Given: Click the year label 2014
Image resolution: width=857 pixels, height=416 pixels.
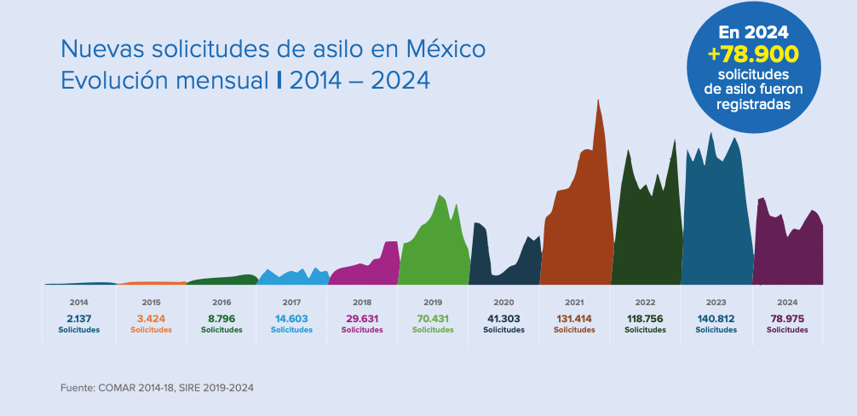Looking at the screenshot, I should click(78, 303).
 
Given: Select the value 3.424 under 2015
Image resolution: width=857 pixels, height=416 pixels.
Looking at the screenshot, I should click(151, 319).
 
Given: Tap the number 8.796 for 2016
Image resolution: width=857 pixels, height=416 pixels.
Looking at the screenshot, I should click(221, 319).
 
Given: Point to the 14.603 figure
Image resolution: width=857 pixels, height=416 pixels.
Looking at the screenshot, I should click(291, 319).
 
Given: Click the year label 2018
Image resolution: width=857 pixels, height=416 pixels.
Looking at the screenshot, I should click(362, 303).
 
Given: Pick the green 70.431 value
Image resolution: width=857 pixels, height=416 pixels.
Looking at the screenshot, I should click(433, 319).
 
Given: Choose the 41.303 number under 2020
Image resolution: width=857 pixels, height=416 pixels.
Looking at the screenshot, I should click(503, 319).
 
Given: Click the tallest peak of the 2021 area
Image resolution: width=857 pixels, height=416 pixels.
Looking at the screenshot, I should click(598, 102).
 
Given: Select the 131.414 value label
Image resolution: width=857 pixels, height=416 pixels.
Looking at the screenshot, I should click(574, 319).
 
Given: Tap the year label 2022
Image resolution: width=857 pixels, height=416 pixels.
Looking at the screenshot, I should click(645, 303).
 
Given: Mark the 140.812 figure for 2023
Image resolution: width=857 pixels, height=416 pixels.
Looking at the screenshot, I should click(716, 319).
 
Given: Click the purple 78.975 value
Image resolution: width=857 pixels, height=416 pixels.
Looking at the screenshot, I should click(787, 319).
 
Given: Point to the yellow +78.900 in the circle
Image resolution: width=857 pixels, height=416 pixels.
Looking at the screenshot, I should click(753, 55).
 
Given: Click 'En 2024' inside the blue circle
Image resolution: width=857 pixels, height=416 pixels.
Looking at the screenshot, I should click(753, 32).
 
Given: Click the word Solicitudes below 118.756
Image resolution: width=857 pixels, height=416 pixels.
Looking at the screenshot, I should click(645, 330).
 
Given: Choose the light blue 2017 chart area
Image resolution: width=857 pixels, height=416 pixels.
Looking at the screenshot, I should click(292, 278).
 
